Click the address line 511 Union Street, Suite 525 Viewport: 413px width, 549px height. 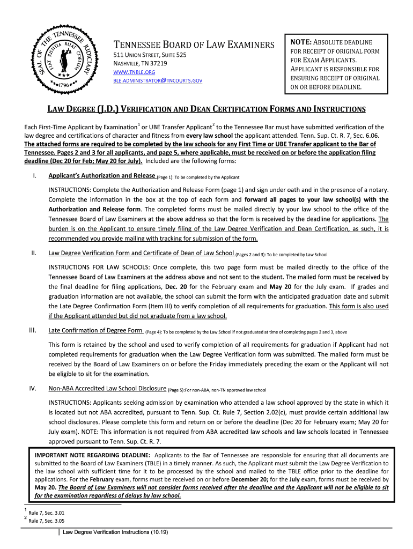pyautogui.click(x=149, y=55)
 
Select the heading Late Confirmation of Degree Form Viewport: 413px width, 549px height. pyautogui.click(x=95, y=330)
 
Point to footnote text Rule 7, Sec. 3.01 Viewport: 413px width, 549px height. pyautogui.click(x=48, y=513)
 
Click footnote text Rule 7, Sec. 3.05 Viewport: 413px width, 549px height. pyautogui.click(x=48, y=521)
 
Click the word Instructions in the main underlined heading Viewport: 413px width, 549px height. pyautogui.click(x=335, y=110)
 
